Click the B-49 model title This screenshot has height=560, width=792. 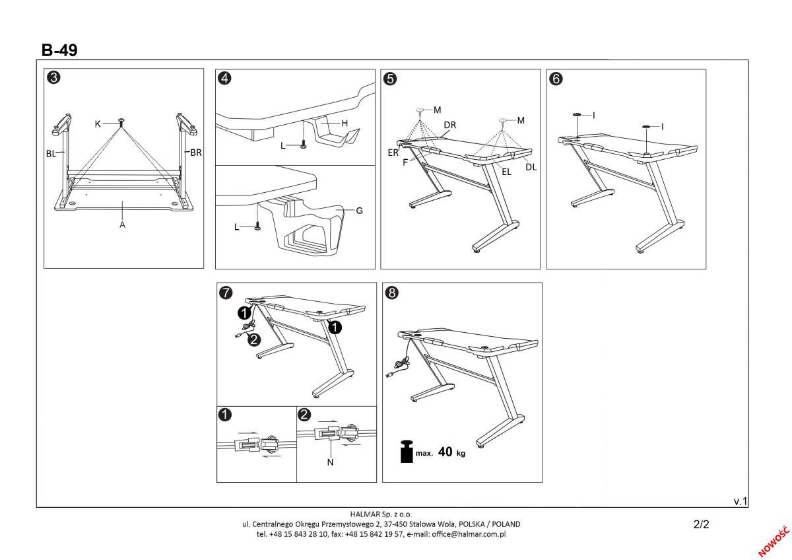[59, 50]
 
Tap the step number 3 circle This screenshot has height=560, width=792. [55, 79]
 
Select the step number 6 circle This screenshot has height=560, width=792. [556, 79]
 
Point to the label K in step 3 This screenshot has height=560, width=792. [98, 123]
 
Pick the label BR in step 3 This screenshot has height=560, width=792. [195, 153]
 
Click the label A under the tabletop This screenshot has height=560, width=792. [122, 225]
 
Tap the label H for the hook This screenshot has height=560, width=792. [344, 123]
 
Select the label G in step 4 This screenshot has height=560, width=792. [359, 211]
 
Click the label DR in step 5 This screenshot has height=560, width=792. [450, 125]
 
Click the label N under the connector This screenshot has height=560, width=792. [330, 462]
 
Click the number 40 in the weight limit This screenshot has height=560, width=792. [445, 452]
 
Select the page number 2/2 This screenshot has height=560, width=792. [701, 525]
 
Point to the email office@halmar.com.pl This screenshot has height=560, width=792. [469, 534]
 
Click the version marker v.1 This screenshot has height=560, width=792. [741, 502]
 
